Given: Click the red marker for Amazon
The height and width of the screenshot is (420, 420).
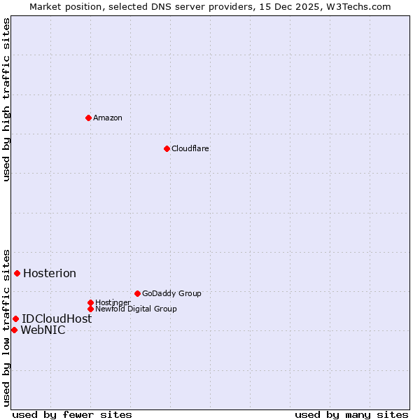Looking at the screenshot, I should click(x=88, y=118).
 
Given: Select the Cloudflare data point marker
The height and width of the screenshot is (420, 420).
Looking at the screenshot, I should click(x=167, y=148).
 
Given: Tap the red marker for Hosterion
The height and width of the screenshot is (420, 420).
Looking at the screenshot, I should click(x=17, y=273).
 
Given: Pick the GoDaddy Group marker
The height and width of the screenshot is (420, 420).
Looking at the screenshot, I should click(x=137, y=293).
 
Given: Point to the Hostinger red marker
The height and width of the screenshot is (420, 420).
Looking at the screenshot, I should click(x=90, y=302).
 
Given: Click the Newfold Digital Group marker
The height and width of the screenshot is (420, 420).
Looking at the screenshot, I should click(x=90, y=309).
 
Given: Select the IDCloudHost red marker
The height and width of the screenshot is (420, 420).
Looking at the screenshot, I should click(x=15, y=318).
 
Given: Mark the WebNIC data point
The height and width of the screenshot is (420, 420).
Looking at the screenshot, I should click(x=14, y=330).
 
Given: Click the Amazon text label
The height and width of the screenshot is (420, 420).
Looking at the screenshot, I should click(x=108, y=118).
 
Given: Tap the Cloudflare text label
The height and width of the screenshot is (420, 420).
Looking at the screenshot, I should click(x=190, y=148).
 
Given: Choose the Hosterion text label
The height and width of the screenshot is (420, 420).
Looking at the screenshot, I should click(x=50, y=273).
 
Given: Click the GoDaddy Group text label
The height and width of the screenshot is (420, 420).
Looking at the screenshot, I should click(x=171, y=293).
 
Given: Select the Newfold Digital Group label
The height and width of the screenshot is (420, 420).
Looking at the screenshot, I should click(x=136, y=309).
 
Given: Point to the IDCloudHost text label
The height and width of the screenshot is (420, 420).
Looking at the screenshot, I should click(x=57, y=318).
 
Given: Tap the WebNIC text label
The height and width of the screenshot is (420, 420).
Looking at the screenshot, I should click(x=43, y=330).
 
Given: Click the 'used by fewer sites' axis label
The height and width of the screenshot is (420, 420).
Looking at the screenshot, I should click(x=72, y=414).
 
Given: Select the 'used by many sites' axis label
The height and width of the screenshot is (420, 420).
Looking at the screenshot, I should click(x=351, y=414).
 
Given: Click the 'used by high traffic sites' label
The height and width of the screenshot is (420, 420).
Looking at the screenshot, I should click(x=7, y=99).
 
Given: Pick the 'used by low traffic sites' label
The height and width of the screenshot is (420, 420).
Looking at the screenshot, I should click(x=7, y=328).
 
